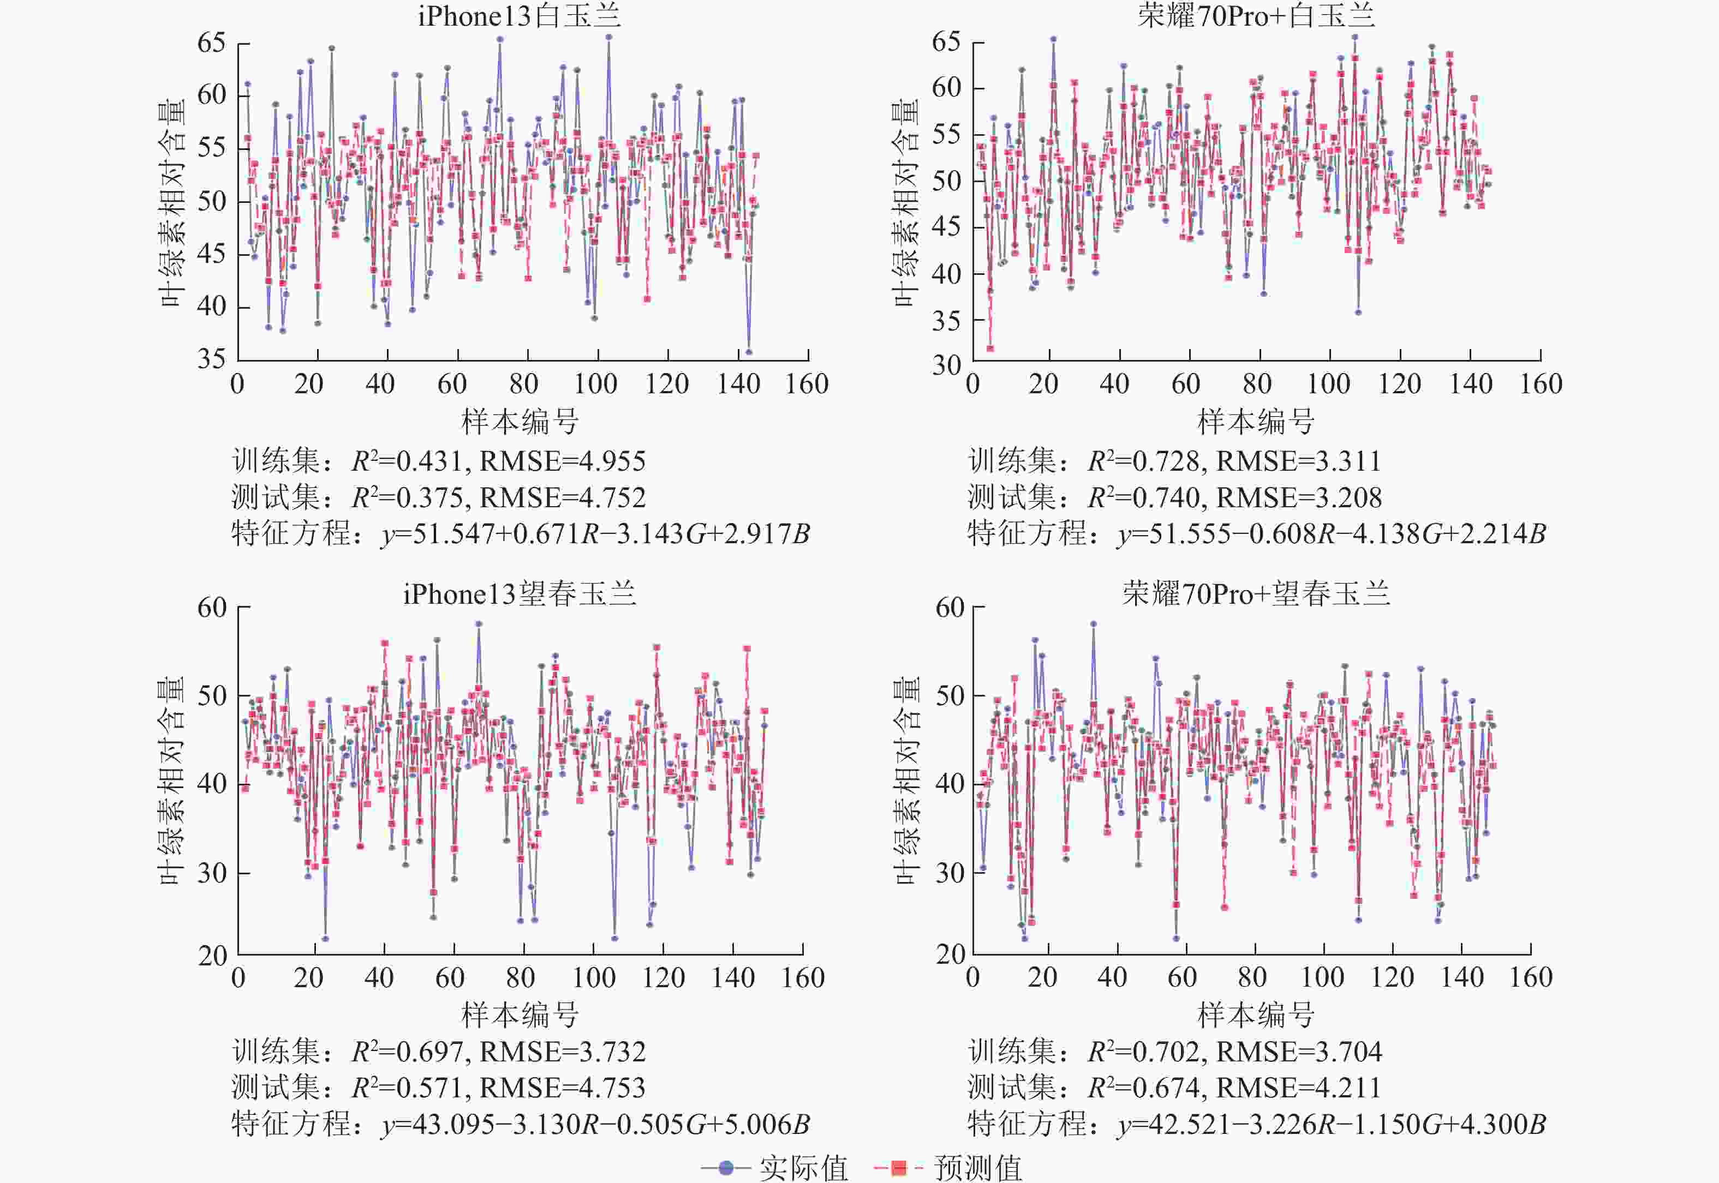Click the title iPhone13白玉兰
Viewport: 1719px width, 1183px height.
point(518,16)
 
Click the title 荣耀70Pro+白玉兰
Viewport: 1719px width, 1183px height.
point(1256,16)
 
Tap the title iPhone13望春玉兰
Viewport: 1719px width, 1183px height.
point(519,594)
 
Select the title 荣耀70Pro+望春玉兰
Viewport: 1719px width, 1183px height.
point(1256,594)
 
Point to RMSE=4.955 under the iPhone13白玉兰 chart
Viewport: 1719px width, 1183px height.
point(562,461)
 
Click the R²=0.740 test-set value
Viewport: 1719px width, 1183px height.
point(1143,497)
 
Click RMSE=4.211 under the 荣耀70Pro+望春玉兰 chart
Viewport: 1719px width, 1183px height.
point(1298,1088)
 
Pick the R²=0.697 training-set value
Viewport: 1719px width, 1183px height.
point(407,1051)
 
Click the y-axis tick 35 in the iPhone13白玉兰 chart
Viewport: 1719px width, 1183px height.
point(211,359)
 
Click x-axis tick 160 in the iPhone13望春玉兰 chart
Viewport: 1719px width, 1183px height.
point(802,978)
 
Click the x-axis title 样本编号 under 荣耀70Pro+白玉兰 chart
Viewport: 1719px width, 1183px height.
point(1256,422)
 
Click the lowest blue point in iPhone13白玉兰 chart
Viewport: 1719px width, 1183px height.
point(749,352)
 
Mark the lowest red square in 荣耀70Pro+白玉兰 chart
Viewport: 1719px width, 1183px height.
point(990,349)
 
